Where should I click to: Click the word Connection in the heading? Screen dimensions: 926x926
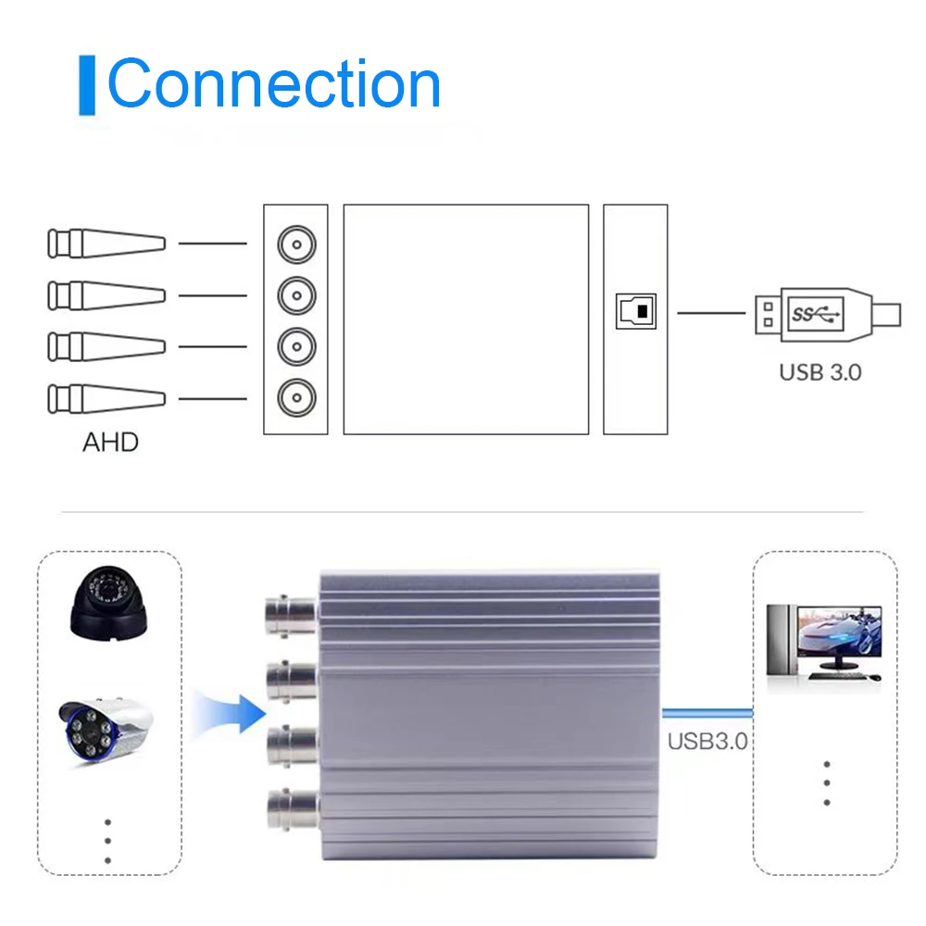pyautogui.click(x=274, y=84)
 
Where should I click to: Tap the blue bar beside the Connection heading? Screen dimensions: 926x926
pyautogui.click(x=87, y=85)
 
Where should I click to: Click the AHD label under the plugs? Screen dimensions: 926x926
pyautogui.click(x=110, y=442)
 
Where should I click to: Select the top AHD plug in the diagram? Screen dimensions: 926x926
pyautogui.click(x=106, y=244)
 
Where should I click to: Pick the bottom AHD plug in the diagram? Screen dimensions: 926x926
pyautogui.click(x=106, y=399)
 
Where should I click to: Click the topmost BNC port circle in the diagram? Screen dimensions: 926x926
pyautogui.click(x=296, y=245)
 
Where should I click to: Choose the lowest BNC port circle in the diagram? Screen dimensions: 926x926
pyautogui.click(x=296, y=395)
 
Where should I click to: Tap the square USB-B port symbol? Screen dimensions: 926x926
pyautogui.click(x=636, y=312)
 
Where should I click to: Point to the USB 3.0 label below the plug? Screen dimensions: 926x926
pyautogui.click(x=820, y=372)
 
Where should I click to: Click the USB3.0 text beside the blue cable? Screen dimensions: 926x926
pyautogui.click(x=707, y=741)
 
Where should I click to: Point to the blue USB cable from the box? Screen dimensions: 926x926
pyautogui.click(x=708, y=713)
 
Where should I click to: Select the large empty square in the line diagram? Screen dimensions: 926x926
pyautogui.click(x=466, y=319)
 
